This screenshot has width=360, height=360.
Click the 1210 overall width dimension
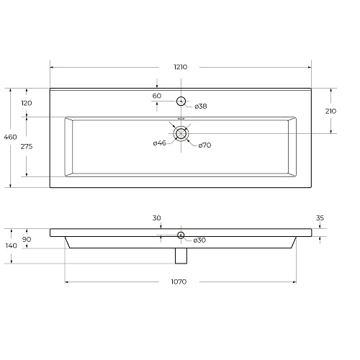coord(181,67)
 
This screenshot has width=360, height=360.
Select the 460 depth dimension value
coord(10,137)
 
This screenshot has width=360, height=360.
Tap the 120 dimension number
coord(27,103)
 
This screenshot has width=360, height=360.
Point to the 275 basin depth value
coord(27,146)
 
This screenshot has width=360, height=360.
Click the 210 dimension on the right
coord(330,111)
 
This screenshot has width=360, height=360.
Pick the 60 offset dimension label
coord(157,96)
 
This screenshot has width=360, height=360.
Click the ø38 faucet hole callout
coord(201,106)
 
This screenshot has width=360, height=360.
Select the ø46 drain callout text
coord(160,143)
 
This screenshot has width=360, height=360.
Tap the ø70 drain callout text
coord(204,145)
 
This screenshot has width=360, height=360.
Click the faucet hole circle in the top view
coord(181,97)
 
